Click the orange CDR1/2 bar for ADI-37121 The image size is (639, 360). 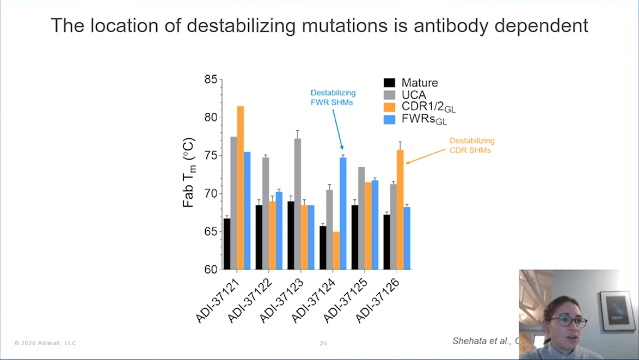(x=240, y=188)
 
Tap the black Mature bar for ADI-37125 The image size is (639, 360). (x=355, y=237)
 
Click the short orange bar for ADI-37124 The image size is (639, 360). (x=336, y=251)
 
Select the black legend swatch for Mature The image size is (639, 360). (x=390, y=83)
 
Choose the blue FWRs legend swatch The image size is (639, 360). (x=390, y=119)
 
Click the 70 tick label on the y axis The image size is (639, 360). (x=210, y=194)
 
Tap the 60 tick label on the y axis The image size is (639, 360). (x=210, y=270)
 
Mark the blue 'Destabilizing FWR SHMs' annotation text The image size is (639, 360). (x=333, y=97)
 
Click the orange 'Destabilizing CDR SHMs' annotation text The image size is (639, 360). (x=472, y=145)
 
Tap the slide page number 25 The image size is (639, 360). (x=323, y=344)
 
